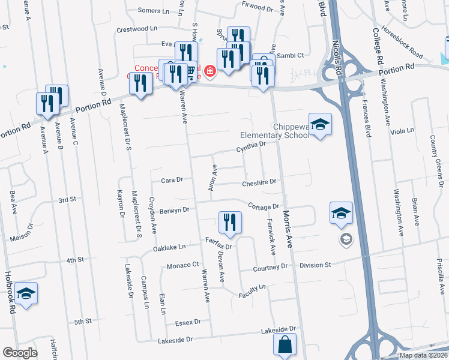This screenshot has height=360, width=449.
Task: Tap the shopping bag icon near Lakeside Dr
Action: (x=285, y=346)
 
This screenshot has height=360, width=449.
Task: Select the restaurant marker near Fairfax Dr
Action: (x=229, y=224)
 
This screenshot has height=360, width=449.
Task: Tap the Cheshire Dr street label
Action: (x=259, y=182)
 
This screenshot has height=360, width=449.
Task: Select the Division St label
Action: (x=315, y=265)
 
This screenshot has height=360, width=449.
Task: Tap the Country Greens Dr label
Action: (x=436, y=153)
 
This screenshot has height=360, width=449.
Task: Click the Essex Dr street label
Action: (x=188, y=323)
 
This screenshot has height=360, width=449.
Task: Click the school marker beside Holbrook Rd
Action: (x=26, y=294)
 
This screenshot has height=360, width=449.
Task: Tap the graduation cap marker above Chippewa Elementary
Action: (x=320, y=125)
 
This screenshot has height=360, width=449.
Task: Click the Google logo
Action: (x=19, y=353)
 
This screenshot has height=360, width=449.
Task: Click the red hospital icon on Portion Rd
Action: (x=209, y=72)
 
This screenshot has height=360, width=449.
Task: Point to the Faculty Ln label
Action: (x=252, y=289)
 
